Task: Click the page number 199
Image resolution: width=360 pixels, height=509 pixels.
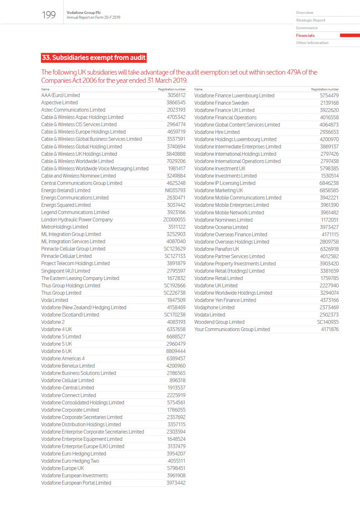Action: tap(49, 15)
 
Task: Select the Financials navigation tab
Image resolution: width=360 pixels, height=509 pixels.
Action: tap(305, 35)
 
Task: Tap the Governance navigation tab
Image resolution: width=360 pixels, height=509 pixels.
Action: tap(307, 28)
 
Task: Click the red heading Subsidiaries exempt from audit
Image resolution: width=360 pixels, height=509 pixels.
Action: tap(94, 58)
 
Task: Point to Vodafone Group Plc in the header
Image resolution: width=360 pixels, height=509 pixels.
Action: tap(84, 13)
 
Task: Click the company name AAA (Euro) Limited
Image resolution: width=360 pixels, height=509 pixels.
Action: tap(60, 95)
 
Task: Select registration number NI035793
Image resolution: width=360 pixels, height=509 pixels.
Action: tap(175, 190)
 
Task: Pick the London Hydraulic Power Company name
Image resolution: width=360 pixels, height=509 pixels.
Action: tap(77, 220)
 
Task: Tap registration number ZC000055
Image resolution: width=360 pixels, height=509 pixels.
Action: tap(174, 220)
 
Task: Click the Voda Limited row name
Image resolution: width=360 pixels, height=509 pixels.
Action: tap(54, 300)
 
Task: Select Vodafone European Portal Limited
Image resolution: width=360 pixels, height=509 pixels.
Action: tap(76, 483)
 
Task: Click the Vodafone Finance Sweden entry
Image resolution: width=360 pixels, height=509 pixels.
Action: tap(221, 103)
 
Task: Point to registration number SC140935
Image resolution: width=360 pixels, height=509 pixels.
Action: tap(327, 322)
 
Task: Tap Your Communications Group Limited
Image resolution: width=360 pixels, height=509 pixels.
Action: tap(232, 329)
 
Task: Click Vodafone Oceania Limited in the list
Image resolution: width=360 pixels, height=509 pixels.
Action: tap(221, 227)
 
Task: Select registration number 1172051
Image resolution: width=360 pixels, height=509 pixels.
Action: tap(329, 220)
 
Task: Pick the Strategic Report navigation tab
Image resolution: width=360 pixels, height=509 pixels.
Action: tap(310, 20)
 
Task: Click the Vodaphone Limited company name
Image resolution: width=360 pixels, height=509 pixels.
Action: tap(214, 308)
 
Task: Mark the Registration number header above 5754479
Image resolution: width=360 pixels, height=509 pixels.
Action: tap(325, 89)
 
